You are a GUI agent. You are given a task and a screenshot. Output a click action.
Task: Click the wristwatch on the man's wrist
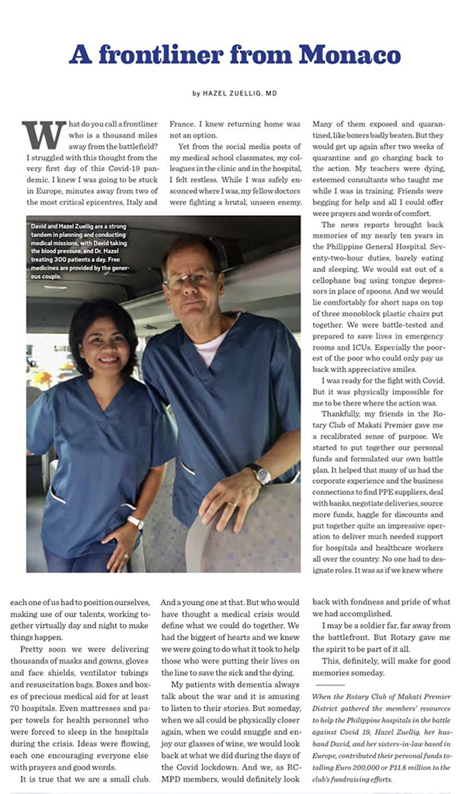(x=259, y=473)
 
